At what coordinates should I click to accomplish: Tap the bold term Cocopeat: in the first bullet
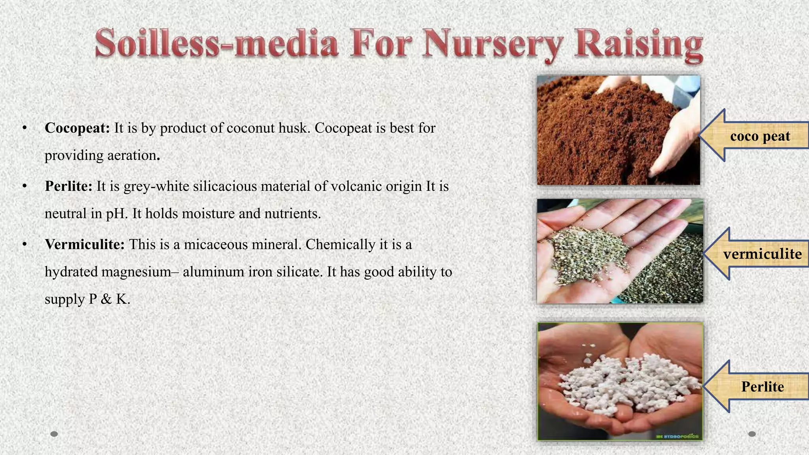77,128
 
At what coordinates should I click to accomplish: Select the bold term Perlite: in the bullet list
68,186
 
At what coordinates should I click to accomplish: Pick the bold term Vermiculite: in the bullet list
85,244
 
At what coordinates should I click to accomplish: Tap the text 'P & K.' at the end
109,299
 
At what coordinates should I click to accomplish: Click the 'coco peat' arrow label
760,136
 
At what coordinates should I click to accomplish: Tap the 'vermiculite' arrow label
762,254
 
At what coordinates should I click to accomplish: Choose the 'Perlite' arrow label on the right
762,386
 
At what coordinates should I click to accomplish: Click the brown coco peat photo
618,130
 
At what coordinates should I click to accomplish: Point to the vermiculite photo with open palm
619,251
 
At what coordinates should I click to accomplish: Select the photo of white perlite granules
620,381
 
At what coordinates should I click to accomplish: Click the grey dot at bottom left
55,434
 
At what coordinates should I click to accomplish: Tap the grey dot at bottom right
752,434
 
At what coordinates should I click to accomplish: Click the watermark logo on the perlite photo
677,436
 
